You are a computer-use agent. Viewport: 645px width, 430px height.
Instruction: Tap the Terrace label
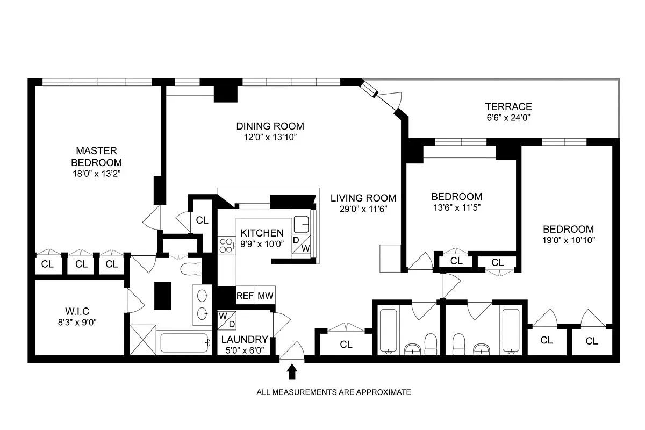508,106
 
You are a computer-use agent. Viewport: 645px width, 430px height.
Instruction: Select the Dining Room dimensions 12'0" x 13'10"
270,138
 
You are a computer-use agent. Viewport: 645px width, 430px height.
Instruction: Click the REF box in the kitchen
245,295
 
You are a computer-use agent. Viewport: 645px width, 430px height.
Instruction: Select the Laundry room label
245,339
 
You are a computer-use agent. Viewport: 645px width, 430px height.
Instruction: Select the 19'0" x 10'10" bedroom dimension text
568,240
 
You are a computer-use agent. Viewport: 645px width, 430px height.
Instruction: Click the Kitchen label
262,233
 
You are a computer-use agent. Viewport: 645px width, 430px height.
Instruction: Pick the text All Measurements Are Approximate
333,392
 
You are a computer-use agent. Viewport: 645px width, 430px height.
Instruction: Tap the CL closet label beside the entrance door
346,345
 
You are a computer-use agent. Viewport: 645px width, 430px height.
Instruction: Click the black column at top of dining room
226,91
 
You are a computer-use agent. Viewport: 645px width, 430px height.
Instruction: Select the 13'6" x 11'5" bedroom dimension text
456,207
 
